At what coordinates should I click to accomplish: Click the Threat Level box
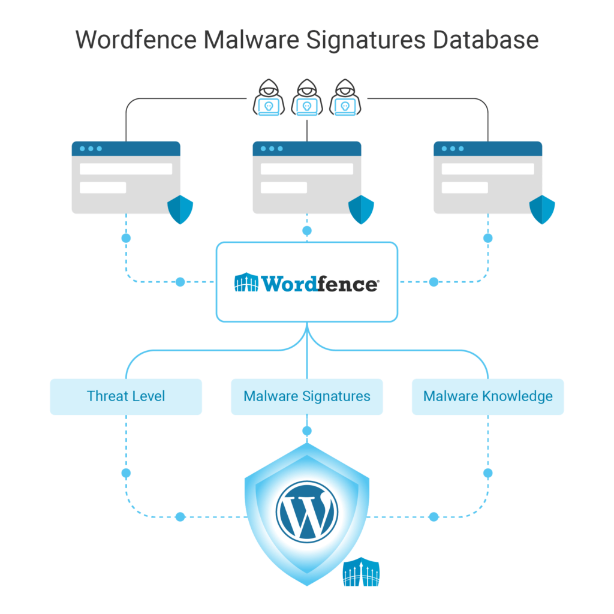tap(126, 396)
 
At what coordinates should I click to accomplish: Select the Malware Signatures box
tap(307, 396)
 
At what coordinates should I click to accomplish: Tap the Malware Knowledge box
tap(487, 396)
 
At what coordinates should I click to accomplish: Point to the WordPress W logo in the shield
tap(307, 510)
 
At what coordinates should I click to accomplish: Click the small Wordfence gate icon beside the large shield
tap(361, 572)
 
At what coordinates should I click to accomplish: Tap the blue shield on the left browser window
tap(180, 209)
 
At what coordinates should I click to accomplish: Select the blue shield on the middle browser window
tap(361, 209)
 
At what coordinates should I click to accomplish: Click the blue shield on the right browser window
tap(542, 209)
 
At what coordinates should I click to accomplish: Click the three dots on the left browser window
tap(91, 149)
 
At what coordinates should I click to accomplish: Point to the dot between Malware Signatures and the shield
tap(307, 431)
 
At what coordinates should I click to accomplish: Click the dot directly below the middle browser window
tap(307, 231)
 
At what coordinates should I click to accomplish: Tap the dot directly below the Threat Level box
tap(126, 473)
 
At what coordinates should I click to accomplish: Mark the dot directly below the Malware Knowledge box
tap(487, 473)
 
